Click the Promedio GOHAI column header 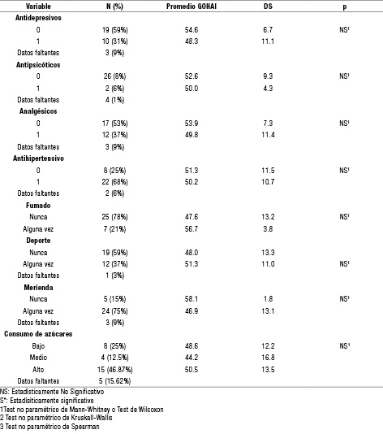pyautogui.click(x=191, y=7)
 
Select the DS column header pyautogui.click(x=268, y=7)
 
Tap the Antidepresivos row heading pyautogui.click(x=38, y=18)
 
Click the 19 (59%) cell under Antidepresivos pyautogui.click(x=114, y=29)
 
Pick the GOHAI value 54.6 pyautogui.click(x=191, y=29)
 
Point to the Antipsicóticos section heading pyautogui.click(x=38, y=65)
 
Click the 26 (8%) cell pyautogui.click(x=114, y=76)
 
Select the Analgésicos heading pyautogui.click(x=38, y=111)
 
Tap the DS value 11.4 pyautogui.click(x=268, y=135)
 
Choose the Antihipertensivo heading pyautogui.click(x=38, y=158)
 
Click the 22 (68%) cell pyautogui.click(x=114, y=182)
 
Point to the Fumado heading pyautogui.click(x=38, y=206)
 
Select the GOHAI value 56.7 pyautogui.click(x=191, y=229)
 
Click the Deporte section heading pyautogui.click(x=38, y=241)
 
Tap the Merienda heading pyautogui.click(x=38, y=288)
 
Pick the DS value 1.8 pyautogui.click(x=268, y=299)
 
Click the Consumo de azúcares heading pyautogui.click(x=38, y=334)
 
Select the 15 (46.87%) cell pyautogui.click(x=114, y=370)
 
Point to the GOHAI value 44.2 pyautogui.click(x=191, y=358)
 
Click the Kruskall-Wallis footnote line pyautogui.click(x=56, y=418)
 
